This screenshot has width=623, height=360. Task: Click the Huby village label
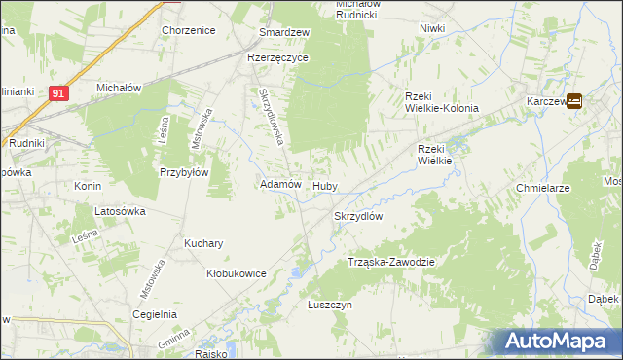click(x=324, y=185)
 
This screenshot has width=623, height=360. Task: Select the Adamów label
click(x=280, y=184)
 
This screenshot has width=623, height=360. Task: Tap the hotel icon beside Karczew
click(x=574, y=99)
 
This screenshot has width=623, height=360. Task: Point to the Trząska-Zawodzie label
click(x=390, y=263)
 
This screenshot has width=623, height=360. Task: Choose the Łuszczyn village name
click(x=329, y=305)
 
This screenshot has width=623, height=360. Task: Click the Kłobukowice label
click(x=237, y=274)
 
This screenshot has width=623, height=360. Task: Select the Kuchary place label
click(x=204, y=243)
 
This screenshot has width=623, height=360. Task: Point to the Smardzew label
click(x=283, y=32)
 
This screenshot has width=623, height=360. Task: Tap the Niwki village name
click(x=432, y=28)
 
